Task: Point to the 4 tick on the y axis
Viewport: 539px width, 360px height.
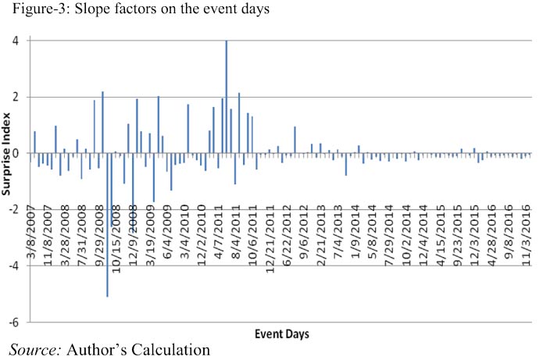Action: (16, 41)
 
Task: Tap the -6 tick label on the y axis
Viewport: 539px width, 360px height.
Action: (15, 321)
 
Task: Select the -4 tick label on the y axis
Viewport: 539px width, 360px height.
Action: (15, 265)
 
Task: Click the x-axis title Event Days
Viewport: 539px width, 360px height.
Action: (281, 333)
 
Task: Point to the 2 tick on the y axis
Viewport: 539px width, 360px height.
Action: (16, 97)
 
